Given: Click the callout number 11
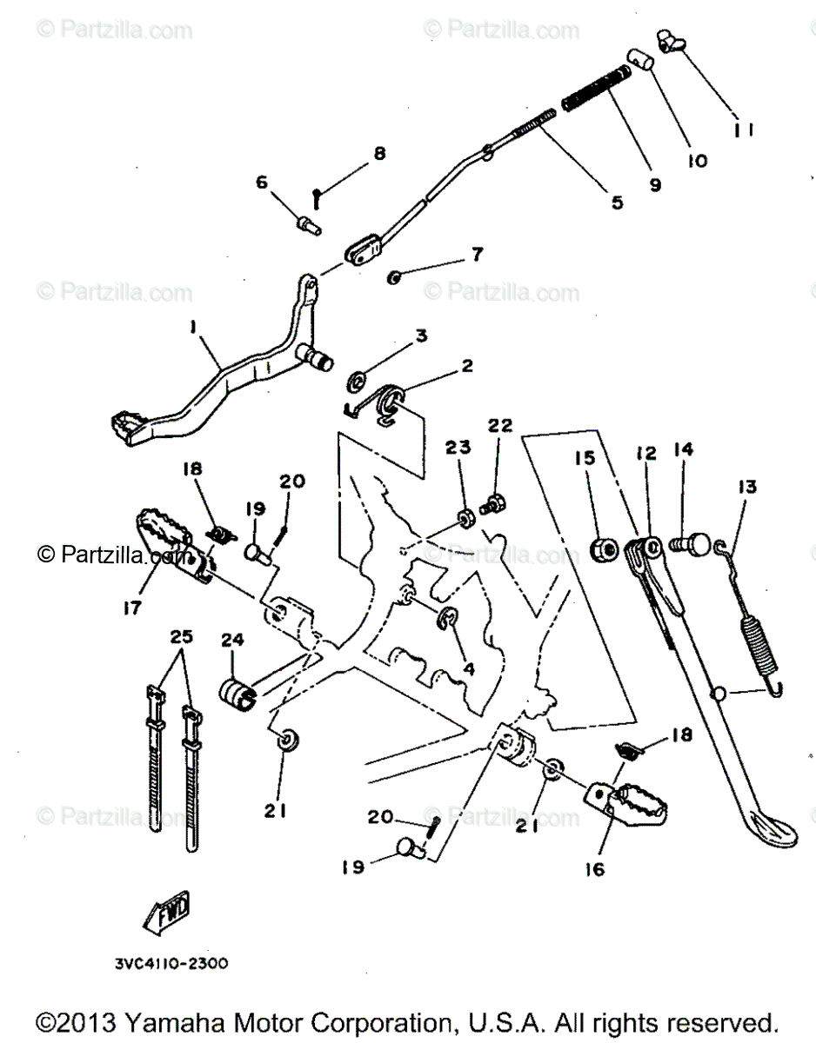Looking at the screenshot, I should (x=744, y=130).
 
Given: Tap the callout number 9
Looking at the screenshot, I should (x=654, y=184).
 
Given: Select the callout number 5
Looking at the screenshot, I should (x=616, y=203).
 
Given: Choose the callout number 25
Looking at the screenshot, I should (x=182, y=637).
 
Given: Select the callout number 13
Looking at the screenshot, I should (x=746, y=487).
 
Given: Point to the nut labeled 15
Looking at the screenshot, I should (x=603, y=549).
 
